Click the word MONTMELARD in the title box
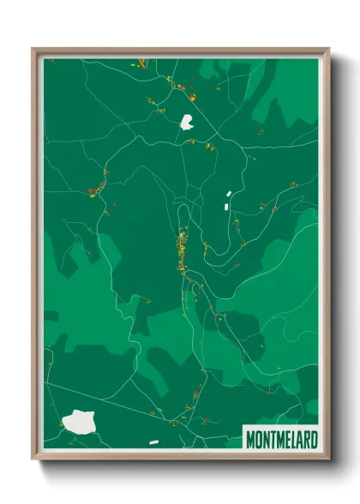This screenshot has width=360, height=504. point(281,440)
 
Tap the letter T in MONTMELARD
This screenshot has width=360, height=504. point(273,440)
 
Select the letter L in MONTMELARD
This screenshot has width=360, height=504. point(293,440)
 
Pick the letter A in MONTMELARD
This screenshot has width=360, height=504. point(300,440)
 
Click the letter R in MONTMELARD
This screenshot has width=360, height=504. point(307,440)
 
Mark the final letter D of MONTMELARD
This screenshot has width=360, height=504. point(315,440)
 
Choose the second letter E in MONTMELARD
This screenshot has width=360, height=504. point(287,440)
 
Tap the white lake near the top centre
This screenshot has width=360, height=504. point(187,122)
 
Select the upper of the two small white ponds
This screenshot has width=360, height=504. point(229,195)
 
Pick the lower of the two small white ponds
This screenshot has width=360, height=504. point(225,206)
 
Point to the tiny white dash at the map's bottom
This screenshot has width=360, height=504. point(153,442)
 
